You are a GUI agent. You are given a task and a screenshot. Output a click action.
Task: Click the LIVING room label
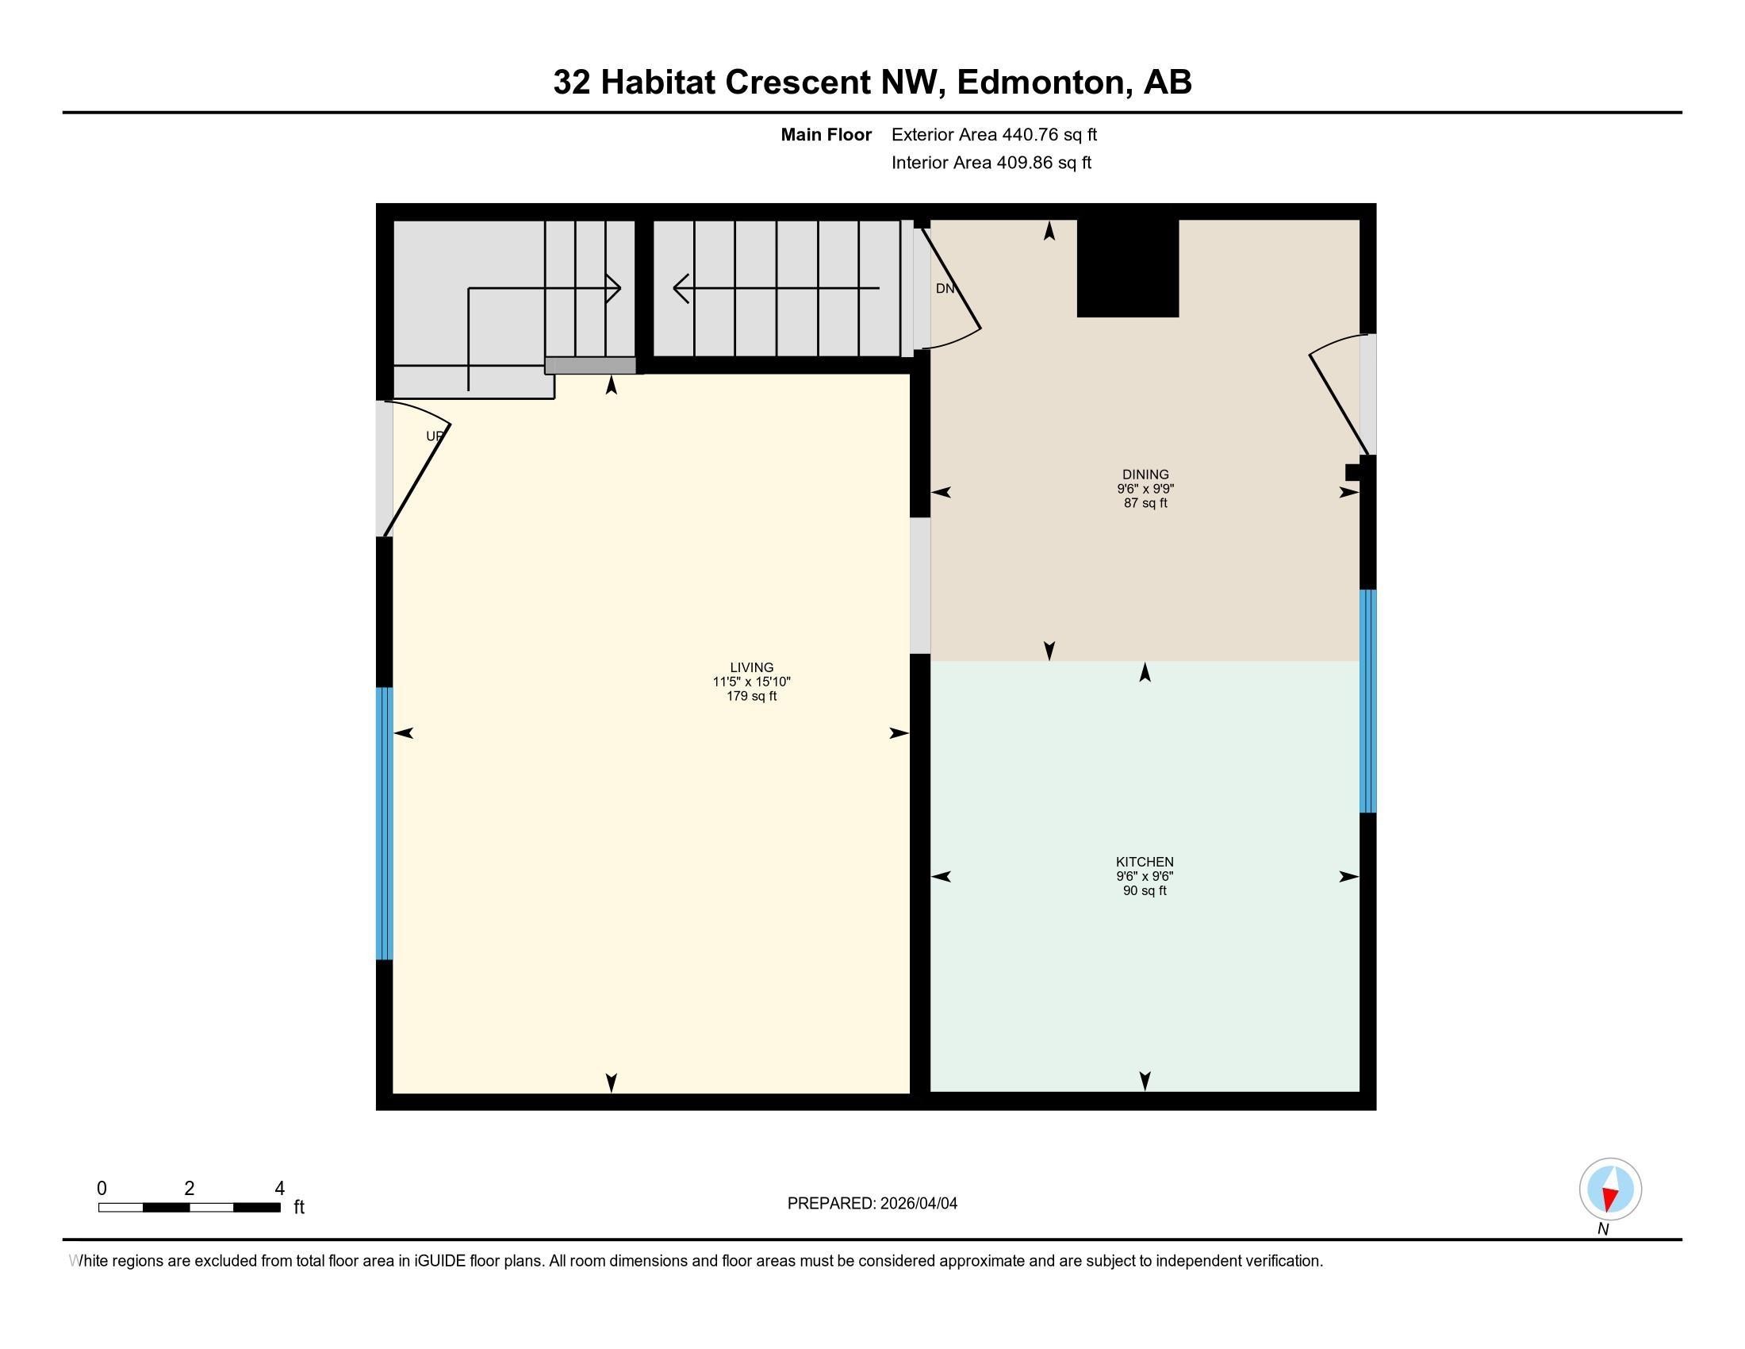pyautogui.click(x=751, y=667)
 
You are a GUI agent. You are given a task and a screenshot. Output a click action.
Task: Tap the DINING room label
pyautogui.click(x=1145, y=474)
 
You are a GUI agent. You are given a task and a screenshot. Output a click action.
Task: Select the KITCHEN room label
pyautogui.click(x=1144, y=862)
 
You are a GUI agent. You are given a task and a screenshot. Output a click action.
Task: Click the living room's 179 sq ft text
pyautogui.click(x=751, y=696)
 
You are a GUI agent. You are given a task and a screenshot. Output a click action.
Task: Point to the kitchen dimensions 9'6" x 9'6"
pyautogui.click(x=1144, y=876)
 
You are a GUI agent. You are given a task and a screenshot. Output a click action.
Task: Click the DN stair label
pyautogui.click(x=945, y=289)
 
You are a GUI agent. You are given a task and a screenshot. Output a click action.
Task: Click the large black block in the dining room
pyautogui.click(x=1127, y=267)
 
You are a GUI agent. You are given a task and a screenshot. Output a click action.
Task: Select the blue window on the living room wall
pyautogui.click(x=385, y=822)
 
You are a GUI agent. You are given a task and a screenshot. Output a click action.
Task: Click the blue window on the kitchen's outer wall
pyautogui.click(x=1368, y=701)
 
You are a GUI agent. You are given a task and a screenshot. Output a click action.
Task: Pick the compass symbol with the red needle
pyautogui.click(x=1610, y=1190)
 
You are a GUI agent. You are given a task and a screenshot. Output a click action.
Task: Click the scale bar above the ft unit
pyautogui.click(x=190, y=1208)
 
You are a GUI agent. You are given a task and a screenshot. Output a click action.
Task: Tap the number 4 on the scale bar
pyautogui.click(x=280, y=1189)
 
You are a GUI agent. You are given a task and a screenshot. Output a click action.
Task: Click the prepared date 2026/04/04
pyautogui.click(x=917, y=1204)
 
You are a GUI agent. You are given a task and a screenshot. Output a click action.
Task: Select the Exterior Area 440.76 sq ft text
pyautogui.click(x=994, y=135)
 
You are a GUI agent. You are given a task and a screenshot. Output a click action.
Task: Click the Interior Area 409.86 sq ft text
pyautogui.click(x=991, y=163)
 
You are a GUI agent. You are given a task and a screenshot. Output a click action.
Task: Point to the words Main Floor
pyautogui.click(x=826, y=135)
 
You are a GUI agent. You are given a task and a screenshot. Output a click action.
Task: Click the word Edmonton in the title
pyautogui.click(x=1041, y=83)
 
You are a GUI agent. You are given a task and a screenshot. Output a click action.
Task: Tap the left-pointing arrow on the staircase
pyautogui.click(x=682, y=288)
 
